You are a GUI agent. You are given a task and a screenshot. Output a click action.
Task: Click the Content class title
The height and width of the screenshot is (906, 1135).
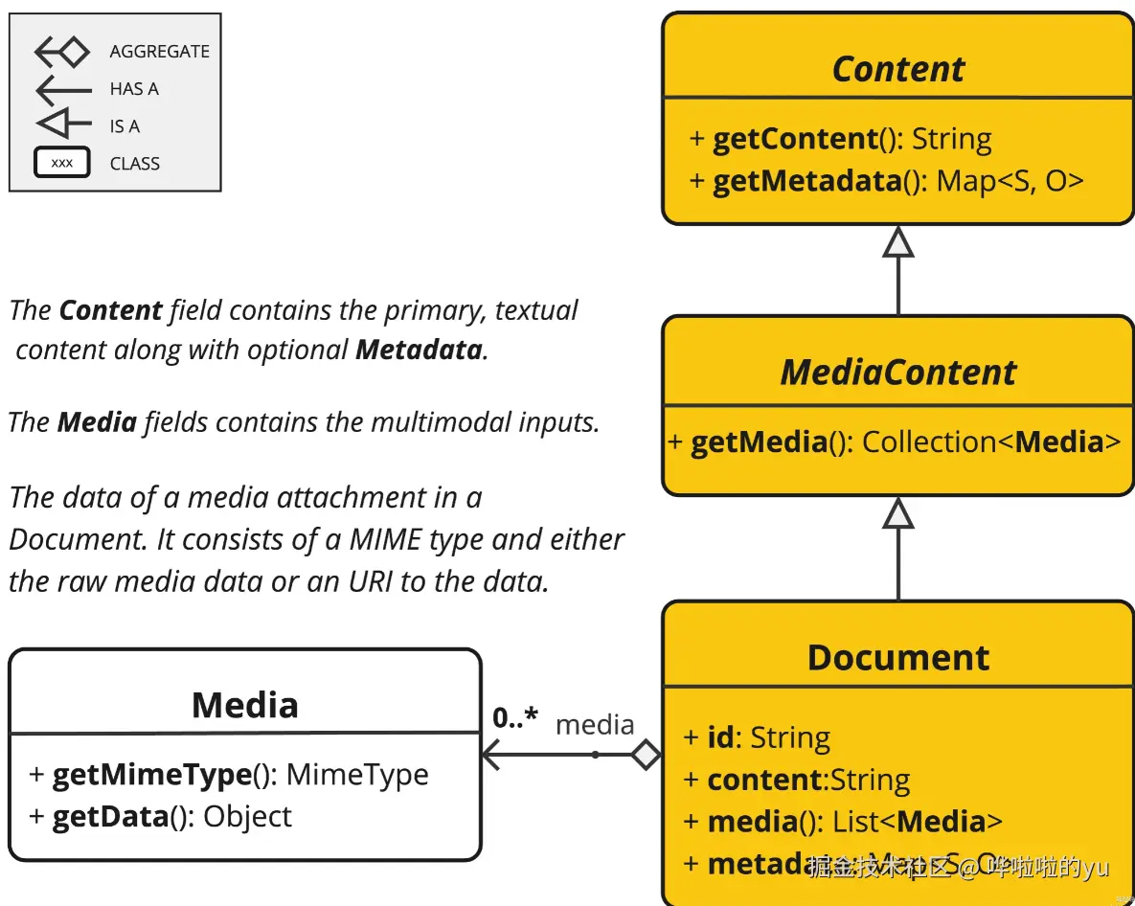click(x=897, y=69)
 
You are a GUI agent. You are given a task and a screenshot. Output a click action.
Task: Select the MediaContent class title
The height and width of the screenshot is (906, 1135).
click(x=897, y=372)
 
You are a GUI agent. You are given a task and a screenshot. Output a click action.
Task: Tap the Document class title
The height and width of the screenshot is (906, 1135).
click(x=897, y=657)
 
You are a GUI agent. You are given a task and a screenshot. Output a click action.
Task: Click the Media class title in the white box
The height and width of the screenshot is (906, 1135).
click(x=245, y=705)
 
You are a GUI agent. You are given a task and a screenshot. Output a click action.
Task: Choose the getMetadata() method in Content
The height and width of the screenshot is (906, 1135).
click(x=886, y=181)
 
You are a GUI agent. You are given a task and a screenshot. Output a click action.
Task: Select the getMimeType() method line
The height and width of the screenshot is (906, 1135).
click(x=230, y=774)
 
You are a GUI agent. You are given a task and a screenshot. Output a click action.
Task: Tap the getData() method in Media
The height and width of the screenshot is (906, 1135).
click(x=161, y=816)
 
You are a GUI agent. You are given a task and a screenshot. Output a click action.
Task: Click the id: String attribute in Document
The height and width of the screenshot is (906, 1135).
click(x=757, y=737)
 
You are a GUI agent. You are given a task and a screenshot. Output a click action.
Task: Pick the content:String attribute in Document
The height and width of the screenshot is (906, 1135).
click(x=797, y=780)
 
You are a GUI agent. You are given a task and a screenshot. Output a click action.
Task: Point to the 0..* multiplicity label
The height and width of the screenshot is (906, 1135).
click(x=515, y=717)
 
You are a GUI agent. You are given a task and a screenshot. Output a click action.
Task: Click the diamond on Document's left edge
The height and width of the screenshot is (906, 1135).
click(x=647, y=755)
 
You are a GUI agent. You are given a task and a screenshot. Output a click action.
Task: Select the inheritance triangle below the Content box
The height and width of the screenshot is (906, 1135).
click(x=897, y=242)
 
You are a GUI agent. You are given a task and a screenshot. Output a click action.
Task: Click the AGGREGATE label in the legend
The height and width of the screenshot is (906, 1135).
click(x=159, y=52)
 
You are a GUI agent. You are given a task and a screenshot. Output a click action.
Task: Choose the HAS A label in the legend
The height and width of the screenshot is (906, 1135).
click(x=134, y=89)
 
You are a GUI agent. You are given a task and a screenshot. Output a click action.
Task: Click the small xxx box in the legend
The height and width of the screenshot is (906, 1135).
click(x=62, y=163)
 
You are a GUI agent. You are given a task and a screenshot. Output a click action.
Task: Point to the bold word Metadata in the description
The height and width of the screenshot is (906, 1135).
click(x=419, y=350)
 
